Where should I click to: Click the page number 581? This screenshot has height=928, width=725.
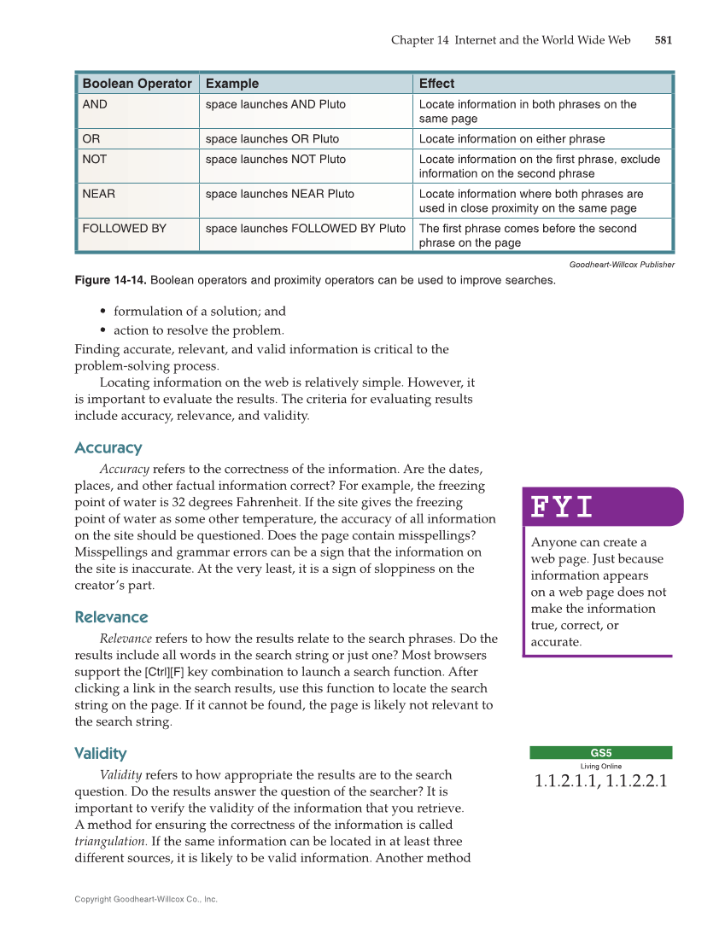(664, 40)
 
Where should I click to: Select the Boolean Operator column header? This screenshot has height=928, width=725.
(137, 84)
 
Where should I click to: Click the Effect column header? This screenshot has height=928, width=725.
(436, 84)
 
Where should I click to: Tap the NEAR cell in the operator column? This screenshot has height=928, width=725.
(98, 194)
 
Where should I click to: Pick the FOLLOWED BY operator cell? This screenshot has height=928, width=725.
(124, 229)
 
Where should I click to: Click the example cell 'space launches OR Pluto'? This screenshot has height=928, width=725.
(272, 139)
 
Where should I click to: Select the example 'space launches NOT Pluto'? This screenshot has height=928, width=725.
(275, 160)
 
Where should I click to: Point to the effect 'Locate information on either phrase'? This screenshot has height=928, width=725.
(512, 139)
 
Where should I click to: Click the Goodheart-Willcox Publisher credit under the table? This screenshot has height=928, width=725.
(621, 265)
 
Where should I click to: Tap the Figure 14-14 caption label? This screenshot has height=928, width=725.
(110, 281)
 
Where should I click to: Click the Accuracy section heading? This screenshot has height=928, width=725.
(108, 448)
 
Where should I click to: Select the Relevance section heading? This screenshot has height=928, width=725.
(111, 617)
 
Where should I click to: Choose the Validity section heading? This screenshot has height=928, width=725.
(100, 754)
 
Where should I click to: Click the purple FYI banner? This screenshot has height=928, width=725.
(602, 507)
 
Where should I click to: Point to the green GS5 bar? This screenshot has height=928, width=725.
(600, 753)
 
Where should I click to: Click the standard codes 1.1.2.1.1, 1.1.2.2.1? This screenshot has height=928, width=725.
(600, 781)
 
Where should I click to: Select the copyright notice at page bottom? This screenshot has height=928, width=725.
(146, 899)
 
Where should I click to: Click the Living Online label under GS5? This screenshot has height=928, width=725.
(600, 767)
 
